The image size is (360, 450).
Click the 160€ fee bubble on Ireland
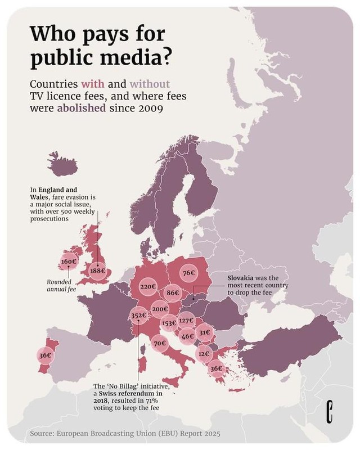pyautogui.click(x=68, y=262)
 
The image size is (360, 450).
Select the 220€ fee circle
pyautogui.click(x=147, y=287)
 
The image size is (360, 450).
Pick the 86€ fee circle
pyautogui.click(x=173, y=293)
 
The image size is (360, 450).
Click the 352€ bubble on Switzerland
pyautogui.click(x=138, y=316)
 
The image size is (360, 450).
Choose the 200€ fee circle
pyautogui.click(x=160, y=309)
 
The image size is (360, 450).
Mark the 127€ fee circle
pyautogui.click(x=187, y=321)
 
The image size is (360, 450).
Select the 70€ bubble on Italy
pyautogui.click(x=159, y=343)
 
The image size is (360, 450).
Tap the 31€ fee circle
pyautogui.click(x=204, y=333)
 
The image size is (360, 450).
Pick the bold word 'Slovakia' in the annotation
pyautogui.click(x=244, y=278)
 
